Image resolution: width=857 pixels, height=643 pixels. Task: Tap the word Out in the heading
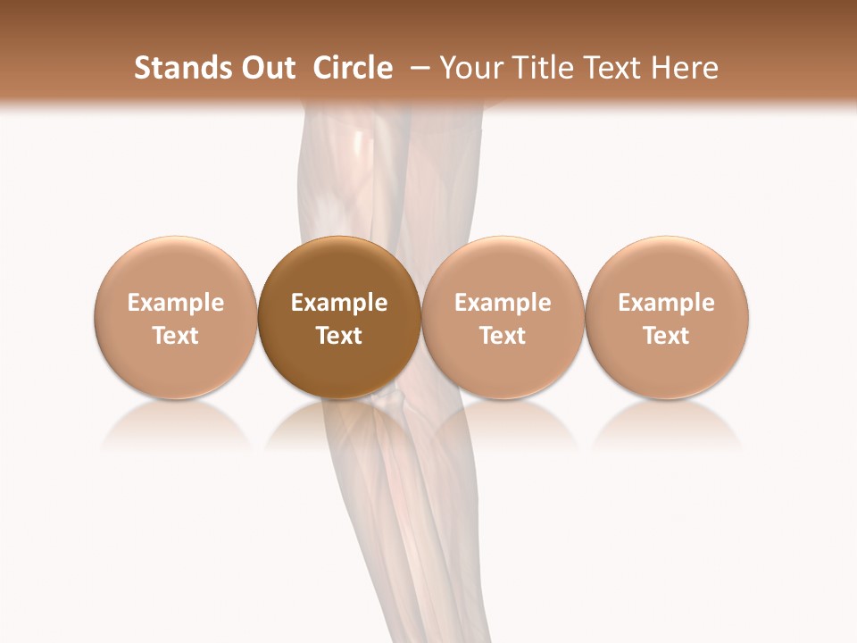tap(266, 68)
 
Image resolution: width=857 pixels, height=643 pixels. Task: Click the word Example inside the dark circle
tap(339, 303)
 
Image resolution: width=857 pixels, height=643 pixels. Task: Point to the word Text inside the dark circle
tap(339, 336)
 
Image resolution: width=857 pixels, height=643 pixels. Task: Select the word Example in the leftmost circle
tap(176, 303)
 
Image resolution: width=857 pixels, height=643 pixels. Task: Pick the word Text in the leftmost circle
tap(176, 336)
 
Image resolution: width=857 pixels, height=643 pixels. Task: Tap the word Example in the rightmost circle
tap(666, 303)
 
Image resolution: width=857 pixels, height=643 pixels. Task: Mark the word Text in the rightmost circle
tap(666, 336)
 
